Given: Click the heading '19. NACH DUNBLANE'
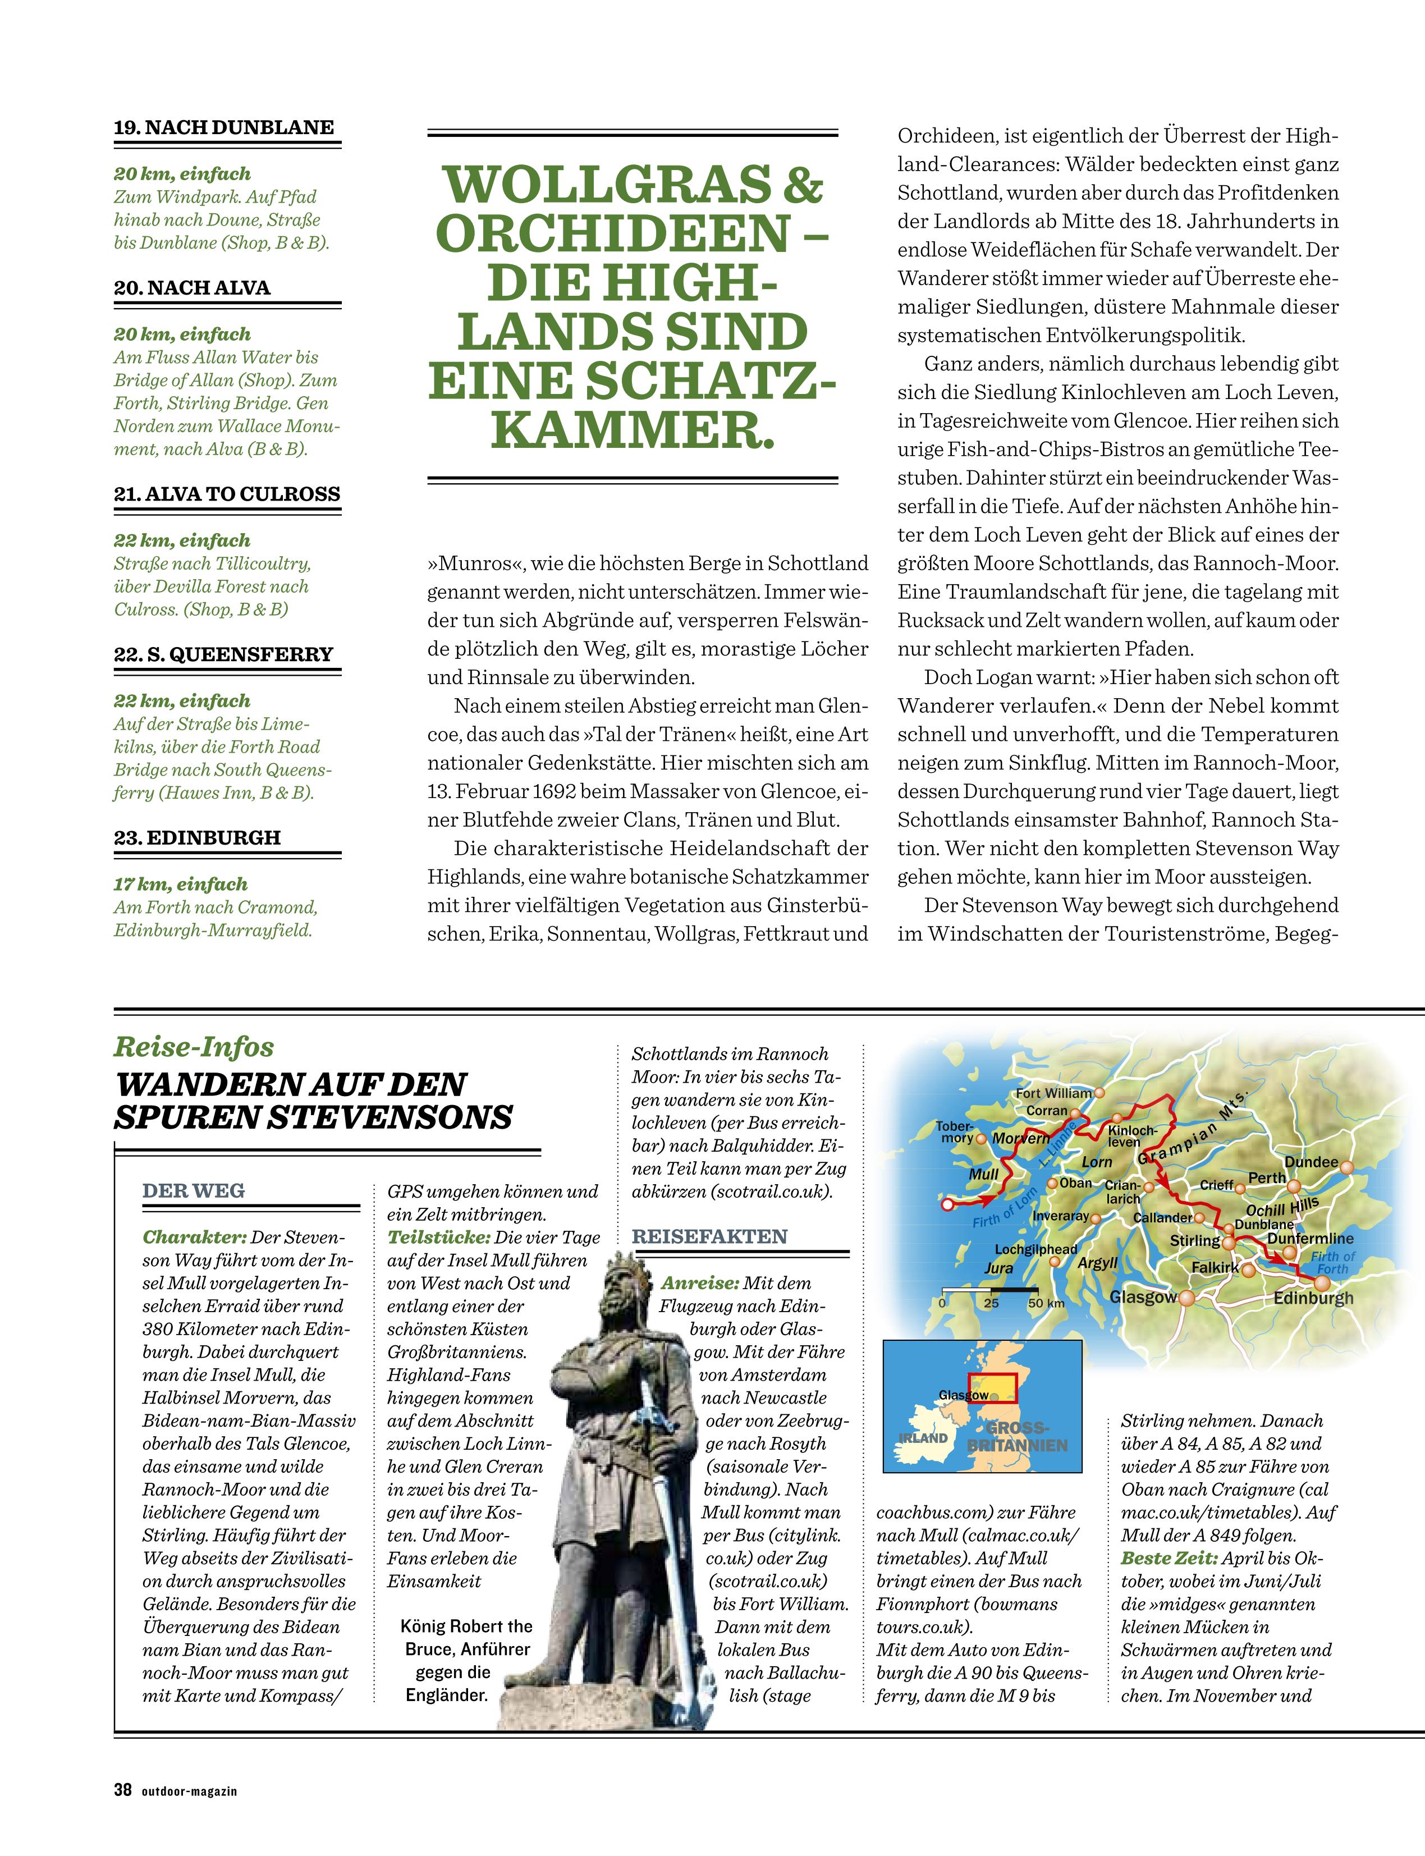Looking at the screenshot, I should point(224,127).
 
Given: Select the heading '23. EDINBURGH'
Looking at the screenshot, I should point(197,837).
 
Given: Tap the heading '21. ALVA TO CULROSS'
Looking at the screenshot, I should point(227,494).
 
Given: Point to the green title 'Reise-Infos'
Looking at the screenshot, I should point(194,1047).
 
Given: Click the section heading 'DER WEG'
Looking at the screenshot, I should point(194,1190).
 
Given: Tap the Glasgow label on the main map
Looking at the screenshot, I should point(1143,1298).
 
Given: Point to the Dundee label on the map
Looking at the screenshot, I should point(1311,1162).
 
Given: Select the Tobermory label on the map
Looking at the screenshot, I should point(955,1131).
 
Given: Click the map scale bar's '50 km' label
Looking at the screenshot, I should point(1046,1303).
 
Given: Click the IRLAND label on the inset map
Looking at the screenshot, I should point(923,1438).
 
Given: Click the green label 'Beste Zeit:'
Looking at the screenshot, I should point(1170,1557).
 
